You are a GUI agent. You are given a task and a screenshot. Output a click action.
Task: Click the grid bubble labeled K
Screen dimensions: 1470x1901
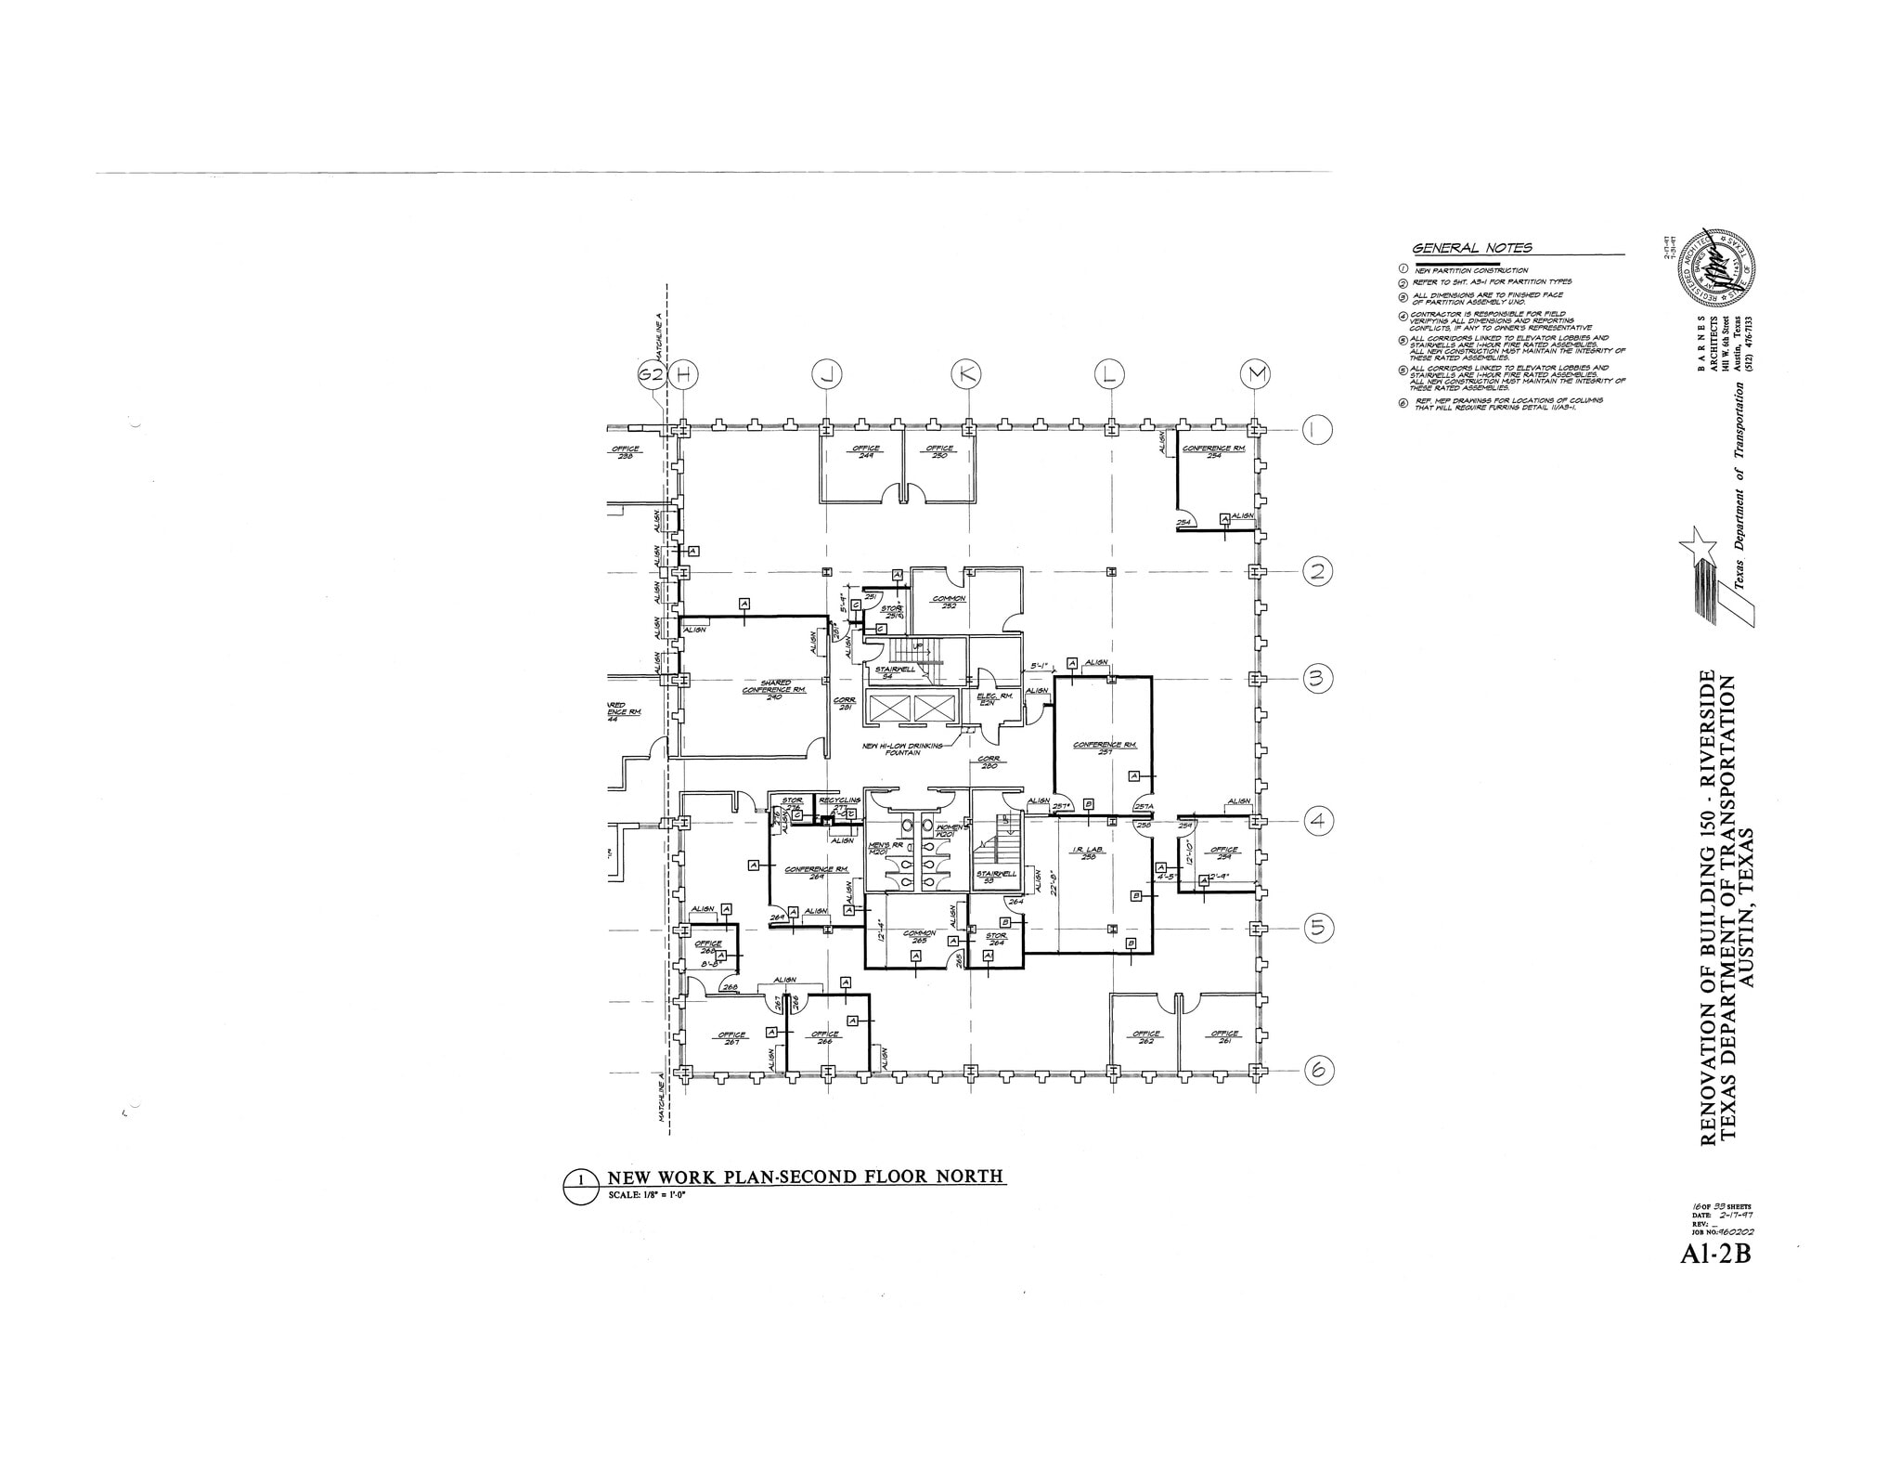click(x=968, y=374)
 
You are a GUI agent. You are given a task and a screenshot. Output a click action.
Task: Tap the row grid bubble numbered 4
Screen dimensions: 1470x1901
click(x=1317, y=822)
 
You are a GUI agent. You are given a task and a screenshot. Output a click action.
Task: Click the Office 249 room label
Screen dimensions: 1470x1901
click(x=866, y=452)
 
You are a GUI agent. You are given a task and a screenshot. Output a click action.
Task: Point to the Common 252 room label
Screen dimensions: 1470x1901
click(x=949, y=602)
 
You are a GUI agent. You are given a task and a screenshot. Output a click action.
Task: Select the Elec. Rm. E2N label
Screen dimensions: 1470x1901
click(x=987, y=699)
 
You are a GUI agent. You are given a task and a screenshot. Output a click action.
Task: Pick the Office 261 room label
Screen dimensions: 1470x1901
click(x=1225, y=1037)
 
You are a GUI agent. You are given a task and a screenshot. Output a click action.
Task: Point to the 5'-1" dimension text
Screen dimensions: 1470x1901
click(x=1039, y=666)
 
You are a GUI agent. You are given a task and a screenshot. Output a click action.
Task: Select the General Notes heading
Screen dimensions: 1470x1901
click(x=1471, y=248)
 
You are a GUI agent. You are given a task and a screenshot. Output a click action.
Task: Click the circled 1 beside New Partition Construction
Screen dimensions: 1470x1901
click(x=1403, y=270)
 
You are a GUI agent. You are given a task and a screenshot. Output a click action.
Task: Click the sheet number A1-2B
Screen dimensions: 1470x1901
click(x=1714, y=1255)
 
